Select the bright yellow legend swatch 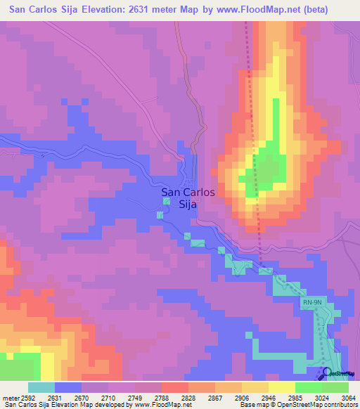pos(281,387)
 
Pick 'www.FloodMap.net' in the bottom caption pos(162,405)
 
